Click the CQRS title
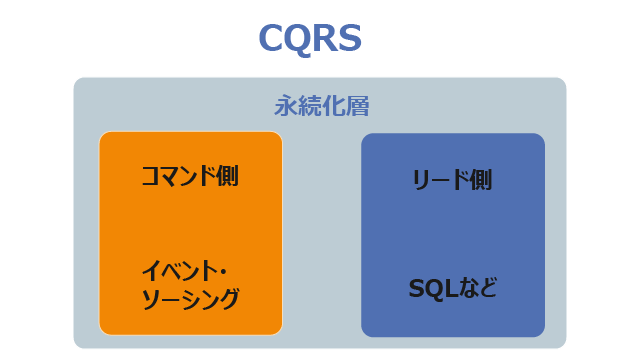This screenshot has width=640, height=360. (x=310, y=38)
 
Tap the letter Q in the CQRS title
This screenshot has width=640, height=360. (x=297, y=39)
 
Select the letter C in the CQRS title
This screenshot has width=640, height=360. (x=270, y=38)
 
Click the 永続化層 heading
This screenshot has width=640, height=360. (x=322, y=106)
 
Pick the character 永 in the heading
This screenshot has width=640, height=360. (x=286, y=106)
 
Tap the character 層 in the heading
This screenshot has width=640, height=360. (x=358, y=106)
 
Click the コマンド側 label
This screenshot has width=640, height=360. (x=190, y=176)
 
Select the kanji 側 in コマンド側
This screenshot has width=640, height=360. (x=228, y=176)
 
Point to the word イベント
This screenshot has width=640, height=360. (x=178, y=271)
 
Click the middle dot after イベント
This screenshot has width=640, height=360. (x=222, y=272)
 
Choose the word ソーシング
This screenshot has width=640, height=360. (x=190, y=299)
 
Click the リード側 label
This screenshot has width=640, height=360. (x=452, y=180)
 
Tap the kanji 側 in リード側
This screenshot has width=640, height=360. (x=481, y=180)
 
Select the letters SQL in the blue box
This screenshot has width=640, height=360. (x=433, y=289)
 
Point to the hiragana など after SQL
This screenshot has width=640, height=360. (x=477, y=288)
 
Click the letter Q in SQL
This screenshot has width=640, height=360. (x=435, y=289)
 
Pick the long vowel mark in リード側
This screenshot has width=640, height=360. (x=440, y=180)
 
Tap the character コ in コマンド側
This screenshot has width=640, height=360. (x=151, y=176)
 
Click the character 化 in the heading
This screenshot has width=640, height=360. (x=334, y=106)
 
